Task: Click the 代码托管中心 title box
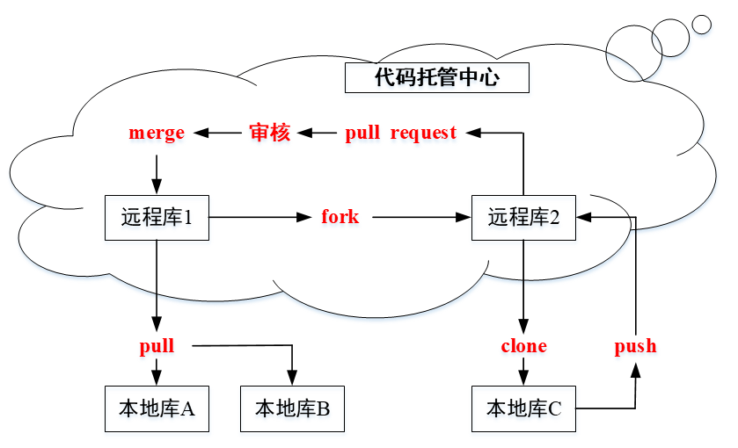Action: pos(437,77)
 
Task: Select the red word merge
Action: pos(157,134)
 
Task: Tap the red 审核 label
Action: pos(269,134)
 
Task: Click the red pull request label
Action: pos(400,134)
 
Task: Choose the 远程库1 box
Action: pos(157,217)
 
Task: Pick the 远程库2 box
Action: pos(523,217)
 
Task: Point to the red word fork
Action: pos(340,217)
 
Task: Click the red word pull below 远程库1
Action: pos(157,346)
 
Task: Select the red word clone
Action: pos(523,346)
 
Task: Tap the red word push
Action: pos(635,346)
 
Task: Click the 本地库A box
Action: pos(157,408)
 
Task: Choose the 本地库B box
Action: pos(292,408)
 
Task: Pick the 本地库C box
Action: pos(523,408)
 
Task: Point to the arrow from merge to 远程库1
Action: pos(157,173)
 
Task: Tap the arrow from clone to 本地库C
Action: pos(523,372)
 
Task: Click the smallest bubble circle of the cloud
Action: pos(701,25)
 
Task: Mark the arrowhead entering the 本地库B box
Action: pos(292,379)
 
